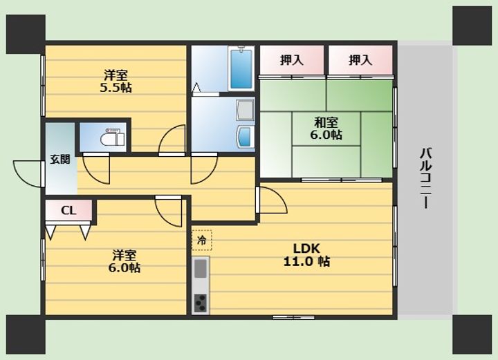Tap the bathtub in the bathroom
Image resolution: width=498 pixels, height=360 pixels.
[241, 68]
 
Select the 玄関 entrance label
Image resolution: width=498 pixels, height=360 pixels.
[60, 159]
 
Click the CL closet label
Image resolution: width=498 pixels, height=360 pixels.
[68, 210]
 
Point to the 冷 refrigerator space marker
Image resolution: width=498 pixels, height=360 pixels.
[201, 240]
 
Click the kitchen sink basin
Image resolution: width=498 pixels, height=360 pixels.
[201, 269]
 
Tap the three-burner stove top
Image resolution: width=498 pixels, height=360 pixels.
[201, 303]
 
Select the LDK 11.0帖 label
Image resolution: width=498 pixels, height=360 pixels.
[306, 255]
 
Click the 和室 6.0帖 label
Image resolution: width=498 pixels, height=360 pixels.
[326, 129]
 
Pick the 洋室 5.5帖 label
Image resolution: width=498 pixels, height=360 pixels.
[116, 82]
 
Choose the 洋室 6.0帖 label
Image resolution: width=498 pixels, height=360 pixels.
[124, 261]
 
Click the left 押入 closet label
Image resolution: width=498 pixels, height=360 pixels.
[292, 60]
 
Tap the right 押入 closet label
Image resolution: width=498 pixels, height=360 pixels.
[360, 60]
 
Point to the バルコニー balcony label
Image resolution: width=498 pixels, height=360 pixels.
[426, 178]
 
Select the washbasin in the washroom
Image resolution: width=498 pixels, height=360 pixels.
[246, 137]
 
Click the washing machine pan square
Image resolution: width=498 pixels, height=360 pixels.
[246, 110]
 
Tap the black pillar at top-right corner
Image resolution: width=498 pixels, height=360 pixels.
[472, 26]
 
